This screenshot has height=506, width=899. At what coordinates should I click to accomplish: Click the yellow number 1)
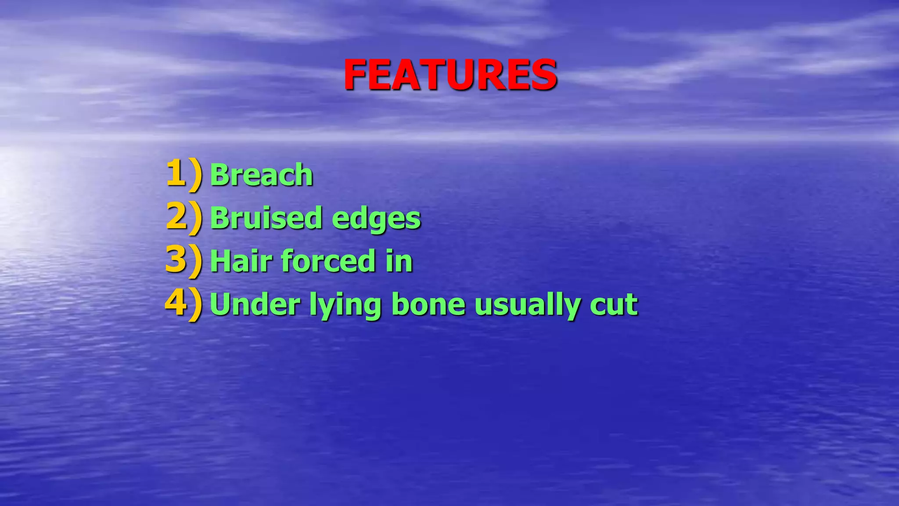(184, 174)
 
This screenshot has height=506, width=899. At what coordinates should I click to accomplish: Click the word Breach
(262, 175)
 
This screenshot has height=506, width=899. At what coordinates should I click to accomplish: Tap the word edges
(376, 218)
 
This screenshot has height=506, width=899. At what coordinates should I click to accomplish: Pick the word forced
(328, 261)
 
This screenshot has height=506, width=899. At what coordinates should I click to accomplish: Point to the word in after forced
(399, 261)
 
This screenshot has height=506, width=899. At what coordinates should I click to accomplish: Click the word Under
(255, 304)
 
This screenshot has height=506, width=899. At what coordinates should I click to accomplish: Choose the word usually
(527, 305)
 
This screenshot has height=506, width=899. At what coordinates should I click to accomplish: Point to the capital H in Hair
(221, 261)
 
